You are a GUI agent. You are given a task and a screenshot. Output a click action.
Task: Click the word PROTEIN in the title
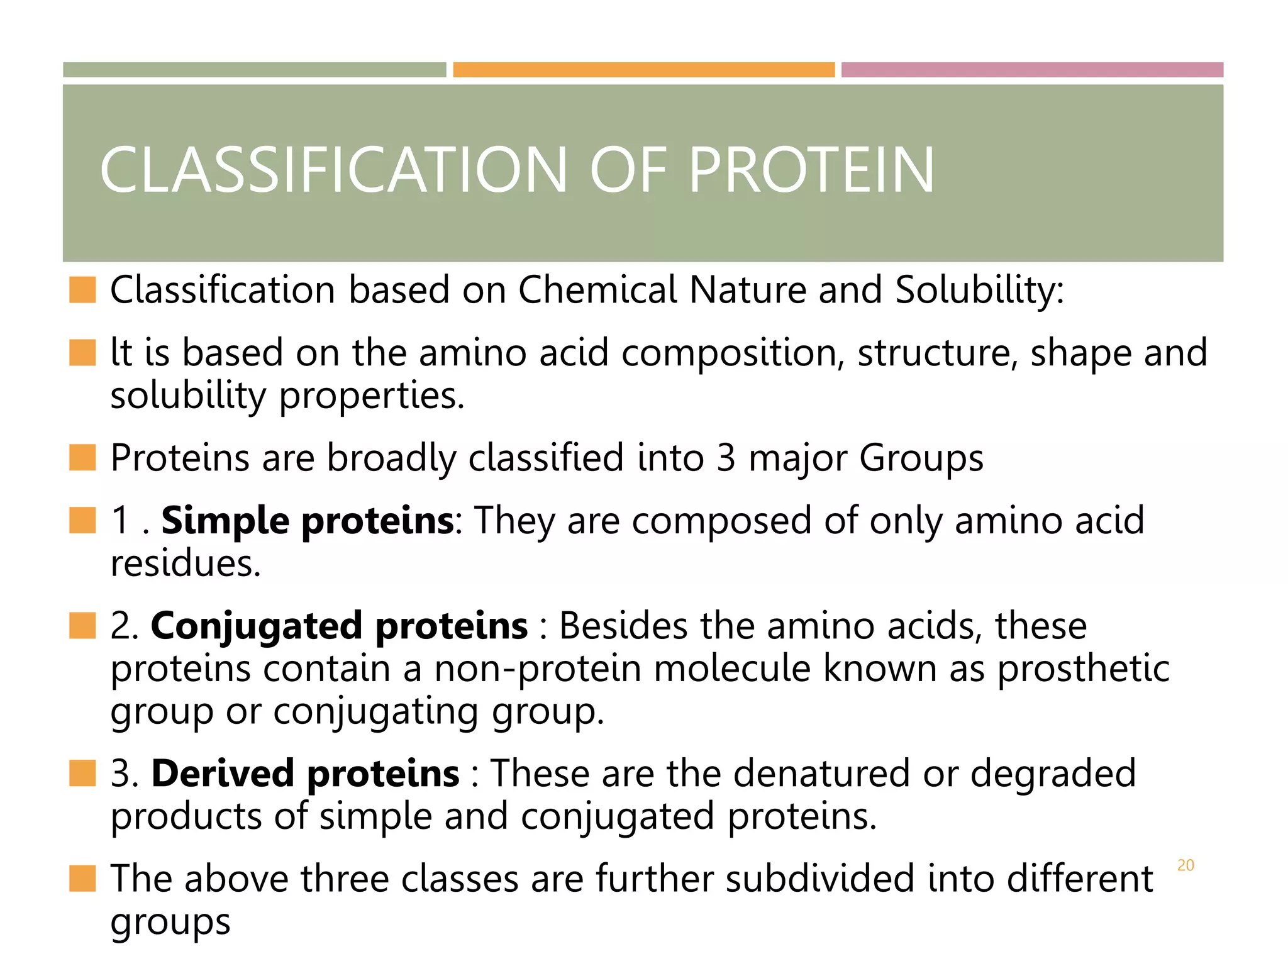[811, 170]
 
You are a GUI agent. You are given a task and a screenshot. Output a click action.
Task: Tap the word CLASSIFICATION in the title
[333, 170]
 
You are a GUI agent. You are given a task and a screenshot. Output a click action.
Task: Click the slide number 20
[1185, 865]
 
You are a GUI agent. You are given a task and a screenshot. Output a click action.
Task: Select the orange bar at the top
[643, 70]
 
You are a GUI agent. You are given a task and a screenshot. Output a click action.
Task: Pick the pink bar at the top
[1032, 70]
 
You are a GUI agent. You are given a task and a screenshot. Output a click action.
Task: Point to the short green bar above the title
[254, 70]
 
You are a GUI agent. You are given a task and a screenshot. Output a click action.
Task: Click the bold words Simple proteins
[307, 521]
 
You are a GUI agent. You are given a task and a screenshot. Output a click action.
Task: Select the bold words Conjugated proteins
[339, 626]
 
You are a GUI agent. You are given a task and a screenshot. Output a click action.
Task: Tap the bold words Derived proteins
[305, 773]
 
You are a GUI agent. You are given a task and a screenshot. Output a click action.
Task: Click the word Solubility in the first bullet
[979, 291]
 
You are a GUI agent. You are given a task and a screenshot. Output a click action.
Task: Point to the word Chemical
[597, 291]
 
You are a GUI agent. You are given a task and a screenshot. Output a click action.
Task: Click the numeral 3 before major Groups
[725, 458]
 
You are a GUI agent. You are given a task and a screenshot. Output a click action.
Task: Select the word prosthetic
[1083, 669]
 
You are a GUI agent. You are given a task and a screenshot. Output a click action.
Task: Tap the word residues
[185, 563]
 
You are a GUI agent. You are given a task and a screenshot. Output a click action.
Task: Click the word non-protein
[537, 669]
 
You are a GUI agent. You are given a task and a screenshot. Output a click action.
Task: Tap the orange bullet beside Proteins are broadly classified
[82, 458]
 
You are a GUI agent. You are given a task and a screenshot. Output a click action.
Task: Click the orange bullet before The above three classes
[82, 879]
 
